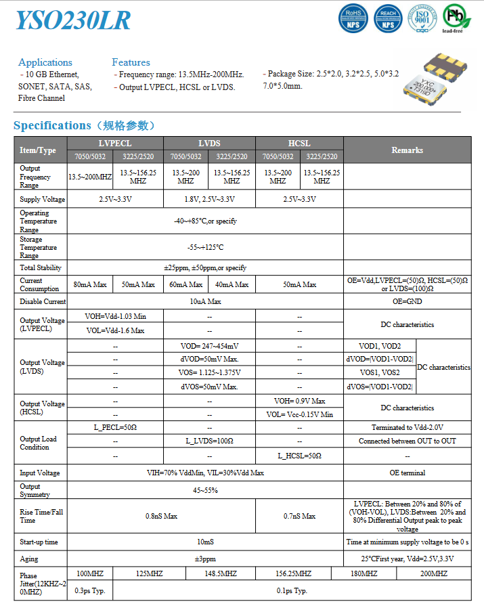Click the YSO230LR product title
pyautogui.click(x=73, y=20)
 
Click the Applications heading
pyautogui.click(x=45, y=62)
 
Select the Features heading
pyautogui.click(x=131, y=62)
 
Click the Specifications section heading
pyautogui.click(x=85, y=125)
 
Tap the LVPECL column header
pyautogui.click(x=115, y=144)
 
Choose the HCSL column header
pyautogui.click(x=299, y=144)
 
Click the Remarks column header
pyautogui.click(x=407, y=150)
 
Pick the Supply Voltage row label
pyautogui.click(x=42, y=199)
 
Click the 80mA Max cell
pyautogui.click(x=90, y=284)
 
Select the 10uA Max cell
pyautogui.click(x=205, y=301)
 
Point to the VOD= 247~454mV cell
pyautogui.click(x=209, y=346)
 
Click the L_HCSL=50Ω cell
pyautogui.click(x=299, y=456)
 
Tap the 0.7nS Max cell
pyautogui.click(x=299, y=516)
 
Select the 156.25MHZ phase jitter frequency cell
pyautogui.click(x=293, y=573)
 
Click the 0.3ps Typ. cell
pyautogui.click(x=90, y=590)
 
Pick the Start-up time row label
pyautogui.click(x=39, y=542)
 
